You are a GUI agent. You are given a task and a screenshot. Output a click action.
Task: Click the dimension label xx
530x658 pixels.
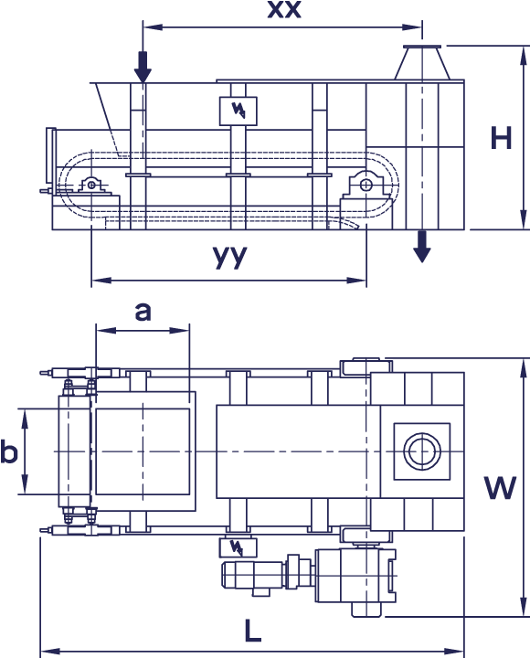coord(284,9)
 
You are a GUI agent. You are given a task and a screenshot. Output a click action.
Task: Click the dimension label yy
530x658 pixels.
coord(230,256)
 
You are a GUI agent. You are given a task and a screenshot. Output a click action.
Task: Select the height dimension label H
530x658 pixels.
coord(501,138)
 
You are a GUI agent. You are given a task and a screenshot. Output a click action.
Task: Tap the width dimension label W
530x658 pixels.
coord(500,488)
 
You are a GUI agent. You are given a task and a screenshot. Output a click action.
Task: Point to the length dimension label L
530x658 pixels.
coord(252,631)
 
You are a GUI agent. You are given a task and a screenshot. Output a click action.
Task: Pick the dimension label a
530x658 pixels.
coord(143,312)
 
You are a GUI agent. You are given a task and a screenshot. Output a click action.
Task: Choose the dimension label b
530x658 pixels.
coord(8,451)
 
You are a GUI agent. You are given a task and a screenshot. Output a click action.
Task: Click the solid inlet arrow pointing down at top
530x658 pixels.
coord(143,67)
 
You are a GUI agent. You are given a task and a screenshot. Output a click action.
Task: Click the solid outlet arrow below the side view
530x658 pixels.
coord(422,247)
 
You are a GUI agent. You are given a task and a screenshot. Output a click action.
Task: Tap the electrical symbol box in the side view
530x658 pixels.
coord(238,111)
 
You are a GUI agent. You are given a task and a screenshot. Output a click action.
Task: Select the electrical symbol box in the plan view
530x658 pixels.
coord(238,547)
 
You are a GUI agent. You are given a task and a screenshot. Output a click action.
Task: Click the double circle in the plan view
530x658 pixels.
coord(422,451)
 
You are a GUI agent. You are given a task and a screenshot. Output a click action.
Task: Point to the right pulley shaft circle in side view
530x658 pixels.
coord(366,185)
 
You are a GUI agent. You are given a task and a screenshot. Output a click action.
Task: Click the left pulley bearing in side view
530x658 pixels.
coord(91,185)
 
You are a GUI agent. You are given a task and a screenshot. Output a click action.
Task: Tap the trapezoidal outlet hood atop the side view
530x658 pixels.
coord(422,62)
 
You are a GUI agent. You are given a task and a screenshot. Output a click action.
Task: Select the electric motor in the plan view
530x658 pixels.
coord(253,575)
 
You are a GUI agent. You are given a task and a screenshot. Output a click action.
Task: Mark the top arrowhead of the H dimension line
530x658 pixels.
coord(524,56)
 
